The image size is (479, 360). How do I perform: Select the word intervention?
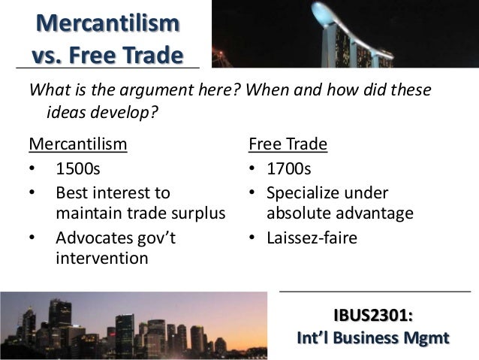(x=102, y=259)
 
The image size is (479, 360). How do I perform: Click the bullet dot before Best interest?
(x=33, y=192)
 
